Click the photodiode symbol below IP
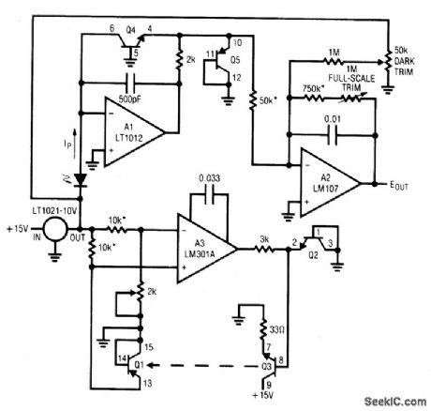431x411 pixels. pos(81,178)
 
